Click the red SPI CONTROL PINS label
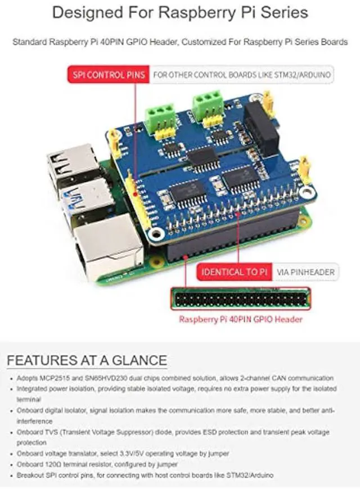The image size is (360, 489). click(x=107, y=74)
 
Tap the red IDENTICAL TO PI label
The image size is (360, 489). click(x=234, y=272)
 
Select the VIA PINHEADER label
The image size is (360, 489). click(x=306, y=272)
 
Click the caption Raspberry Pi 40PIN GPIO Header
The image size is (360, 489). click(x=241, y=319)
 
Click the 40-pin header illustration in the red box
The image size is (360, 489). click(x=241, y=298)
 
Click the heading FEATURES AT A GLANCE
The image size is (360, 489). click(x=87, y=360)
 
